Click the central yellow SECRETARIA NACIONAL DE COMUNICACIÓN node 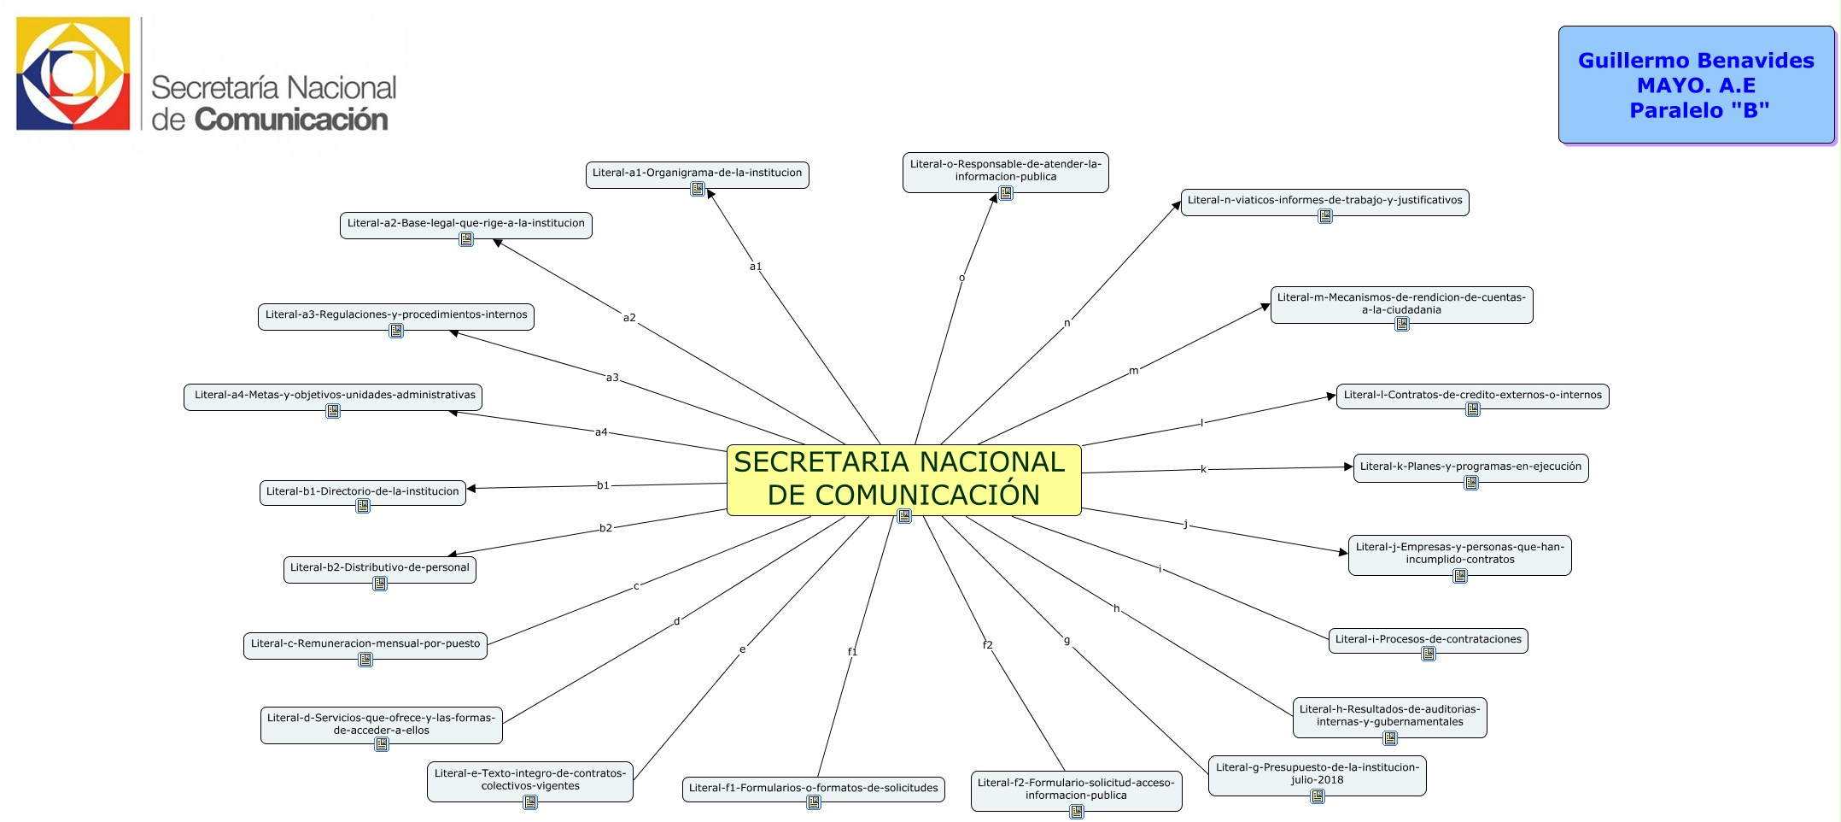pyautogui.click(x=903, y=479)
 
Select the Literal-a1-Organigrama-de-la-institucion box pyautogui.click(x=697, y=173)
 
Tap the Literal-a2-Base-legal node pyautogui.click(x=465, y=224)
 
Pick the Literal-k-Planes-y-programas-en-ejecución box pyautogui.click(x=1470, y=467)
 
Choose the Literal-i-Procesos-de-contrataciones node pyautogui.click(x=1428, y=639)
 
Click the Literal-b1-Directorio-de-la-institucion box pyautogui.click(x=362, y=491)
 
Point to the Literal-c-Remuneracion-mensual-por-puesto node pyautogui.click(x=365, y=643)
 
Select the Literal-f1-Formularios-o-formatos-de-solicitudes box pyautogui.click(x=813, y=788)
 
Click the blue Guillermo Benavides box pyautogui.click(x=1696, y=85)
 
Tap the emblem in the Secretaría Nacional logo pyautogui.click(x=73, y=73)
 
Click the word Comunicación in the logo pyautogui.click(x=291, y=120)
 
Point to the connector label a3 pyautogui.click(x=612, y=378)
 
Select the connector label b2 pyautogui.click(x=605, y=528)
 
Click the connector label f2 pyautogui.click(x=987, y=645)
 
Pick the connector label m pyautogui.click(x=1133, y=371)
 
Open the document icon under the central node pyautogui.click(x=904, y=516)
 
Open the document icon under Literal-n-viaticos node pyautogui.click(x=1324, y=216)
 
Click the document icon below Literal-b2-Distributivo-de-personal pyautogui.click(x=380, y=584)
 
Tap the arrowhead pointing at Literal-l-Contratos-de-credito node pyautogui.click(x=1331, y=396)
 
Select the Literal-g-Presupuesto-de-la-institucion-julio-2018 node pyautogui.click(x=1317, y=773)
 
